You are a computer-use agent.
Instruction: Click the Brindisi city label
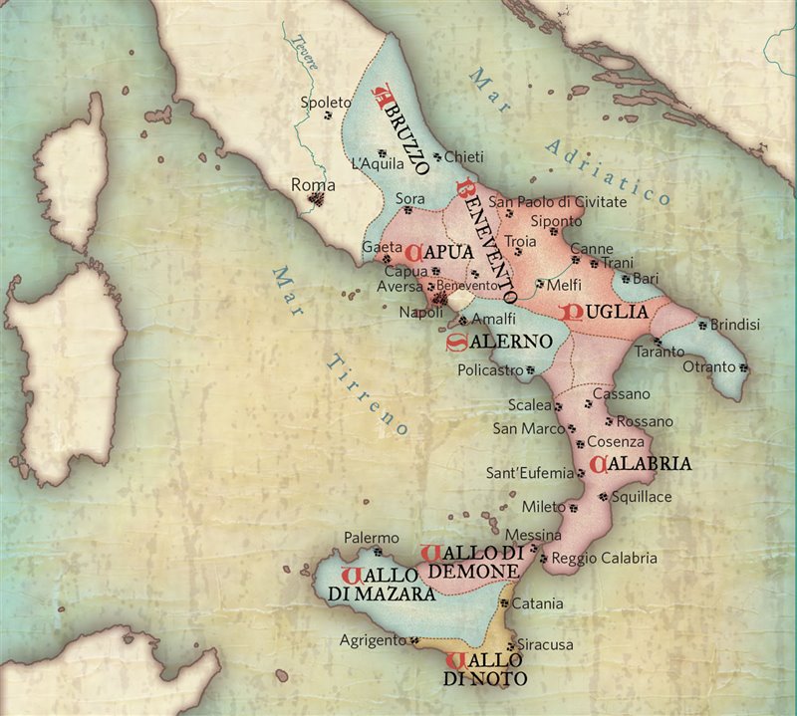736,325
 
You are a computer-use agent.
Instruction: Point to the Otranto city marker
744,368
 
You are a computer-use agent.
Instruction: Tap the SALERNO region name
498,342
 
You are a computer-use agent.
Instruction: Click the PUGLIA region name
607,312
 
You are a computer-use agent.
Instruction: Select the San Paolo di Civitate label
572,202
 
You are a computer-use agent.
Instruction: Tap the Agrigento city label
371,639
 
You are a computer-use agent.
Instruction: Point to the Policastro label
490,370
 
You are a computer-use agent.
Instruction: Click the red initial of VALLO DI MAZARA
350,575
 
